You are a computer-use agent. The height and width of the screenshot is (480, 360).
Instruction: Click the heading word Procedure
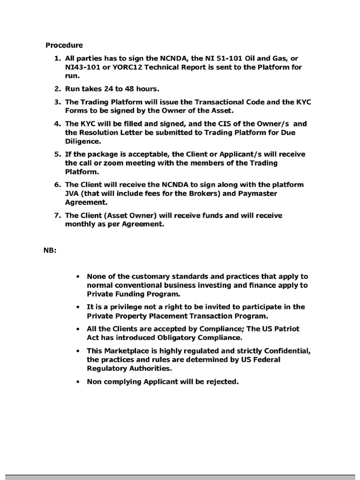coord(64,45)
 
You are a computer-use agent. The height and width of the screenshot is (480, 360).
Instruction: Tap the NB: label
coord(50,250)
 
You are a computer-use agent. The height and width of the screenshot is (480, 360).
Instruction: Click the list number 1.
coord(57,58)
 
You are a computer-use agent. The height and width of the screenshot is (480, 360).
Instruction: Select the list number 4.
coord(57,124)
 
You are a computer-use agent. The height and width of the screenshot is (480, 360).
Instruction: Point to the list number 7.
coord(57,215)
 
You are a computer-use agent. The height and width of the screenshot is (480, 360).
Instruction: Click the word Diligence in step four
coord(82,141)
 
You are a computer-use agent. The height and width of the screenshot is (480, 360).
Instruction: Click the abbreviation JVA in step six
coord(72,194)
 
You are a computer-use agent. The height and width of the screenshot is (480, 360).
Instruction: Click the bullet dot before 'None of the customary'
coord(78,277)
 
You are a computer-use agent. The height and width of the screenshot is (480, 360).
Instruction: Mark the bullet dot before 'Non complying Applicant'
coord(78,382)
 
